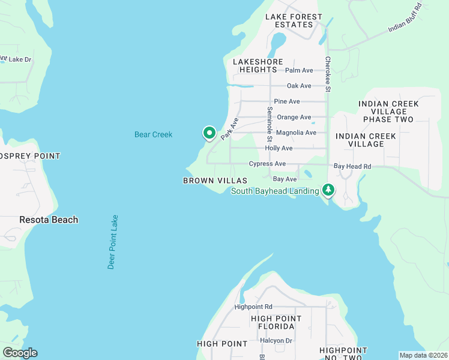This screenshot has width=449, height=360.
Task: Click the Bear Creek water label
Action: click(x=153, y=134)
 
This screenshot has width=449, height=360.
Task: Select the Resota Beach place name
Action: click(x=49, y=220)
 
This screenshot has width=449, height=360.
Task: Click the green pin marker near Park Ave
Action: click(x=209, y=133)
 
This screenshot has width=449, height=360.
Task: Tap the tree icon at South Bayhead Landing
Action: click(x=328, y=190)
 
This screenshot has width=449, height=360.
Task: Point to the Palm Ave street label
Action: click(x=299, y=71)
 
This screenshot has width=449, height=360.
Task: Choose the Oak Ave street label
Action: click(x=299, y=86)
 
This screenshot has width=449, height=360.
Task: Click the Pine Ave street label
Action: click(x=286, y=102)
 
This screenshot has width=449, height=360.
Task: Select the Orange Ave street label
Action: click(x=294, y=118)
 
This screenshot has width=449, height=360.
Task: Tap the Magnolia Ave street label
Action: click(x=296, y=133)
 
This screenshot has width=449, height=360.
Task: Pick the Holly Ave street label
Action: click(x=279, y=148)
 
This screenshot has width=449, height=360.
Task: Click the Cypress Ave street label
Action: click(x=267, y=164)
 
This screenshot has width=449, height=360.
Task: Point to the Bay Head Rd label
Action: click(x=352, y=166)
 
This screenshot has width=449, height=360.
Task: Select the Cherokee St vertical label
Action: click(x=328, y=74)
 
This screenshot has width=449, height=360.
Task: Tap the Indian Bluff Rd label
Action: click(x=405, y=17)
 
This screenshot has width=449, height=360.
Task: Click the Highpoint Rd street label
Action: click(x=253, y=307)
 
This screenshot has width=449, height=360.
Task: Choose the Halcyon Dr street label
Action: click(x=276, y=340)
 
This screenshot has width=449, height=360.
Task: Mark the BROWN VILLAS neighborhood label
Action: click(x=215, y=181)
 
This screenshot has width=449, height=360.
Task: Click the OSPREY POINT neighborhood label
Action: click(x=30, y=156)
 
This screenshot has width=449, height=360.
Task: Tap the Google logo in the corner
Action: click(x=20, y=353)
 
